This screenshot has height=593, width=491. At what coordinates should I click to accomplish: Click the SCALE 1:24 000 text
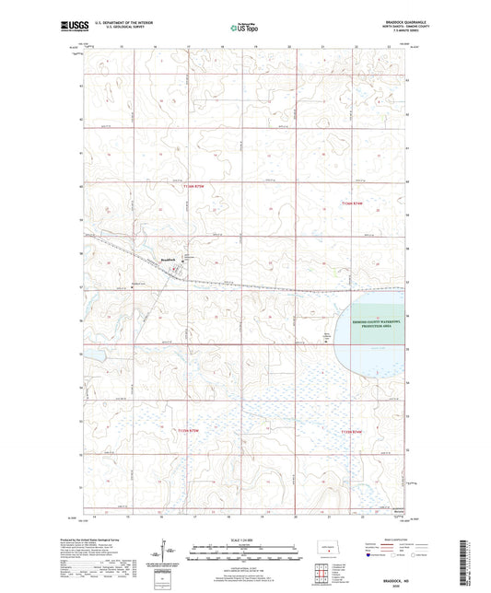(x=244, y=540)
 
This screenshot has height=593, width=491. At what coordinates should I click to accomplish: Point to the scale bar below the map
(x=244, y=556)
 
